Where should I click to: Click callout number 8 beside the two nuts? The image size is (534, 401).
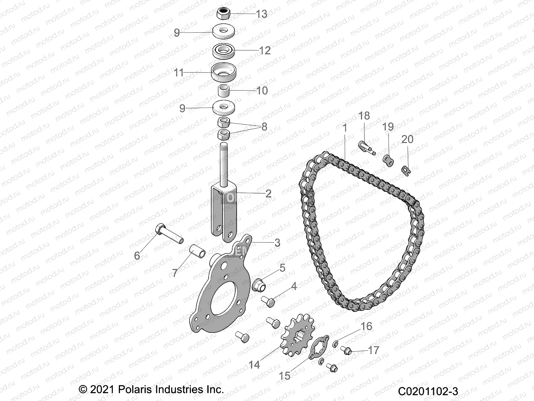point(264,127)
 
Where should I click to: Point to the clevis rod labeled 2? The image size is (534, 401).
point(224,200)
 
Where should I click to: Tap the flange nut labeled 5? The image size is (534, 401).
point(258,284)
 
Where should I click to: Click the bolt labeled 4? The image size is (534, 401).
point(268,302)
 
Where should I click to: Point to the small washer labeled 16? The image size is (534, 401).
point(335,344)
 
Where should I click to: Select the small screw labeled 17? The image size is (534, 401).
point(346,351)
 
